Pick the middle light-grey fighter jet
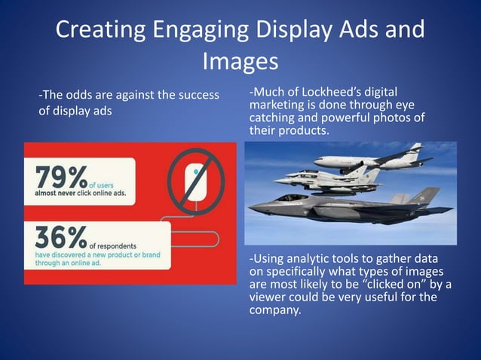(332, 178)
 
